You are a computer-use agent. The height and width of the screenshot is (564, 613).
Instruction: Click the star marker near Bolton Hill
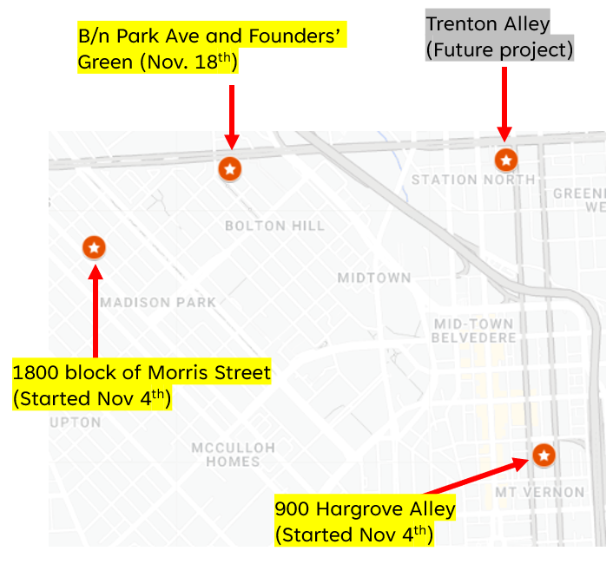pos(229,168)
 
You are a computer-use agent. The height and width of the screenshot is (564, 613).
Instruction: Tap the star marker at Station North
pos(506,160)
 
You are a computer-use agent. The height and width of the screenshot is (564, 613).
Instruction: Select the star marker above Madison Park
pos(95,247)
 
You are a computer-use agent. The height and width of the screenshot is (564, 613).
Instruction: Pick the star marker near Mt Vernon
pos(544,455)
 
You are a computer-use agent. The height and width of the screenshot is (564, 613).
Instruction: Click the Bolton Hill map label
pos(274,226)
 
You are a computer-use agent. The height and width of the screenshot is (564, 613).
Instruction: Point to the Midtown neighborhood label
pos(374,279)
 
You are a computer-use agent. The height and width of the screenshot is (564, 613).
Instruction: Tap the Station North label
pos(473,180)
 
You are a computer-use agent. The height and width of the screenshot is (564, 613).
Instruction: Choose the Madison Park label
pos(158,303)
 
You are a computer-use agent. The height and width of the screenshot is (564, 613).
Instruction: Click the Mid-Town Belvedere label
pos(475,331)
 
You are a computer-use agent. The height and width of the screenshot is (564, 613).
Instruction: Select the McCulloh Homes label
pos(234,454)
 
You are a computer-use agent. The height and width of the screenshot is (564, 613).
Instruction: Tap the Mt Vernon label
pos(539,492)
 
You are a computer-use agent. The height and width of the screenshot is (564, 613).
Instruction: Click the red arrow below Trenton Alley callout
pos(504,102)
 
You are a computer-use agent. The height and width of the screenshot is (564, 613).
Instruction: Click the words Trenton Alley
pos(487,23)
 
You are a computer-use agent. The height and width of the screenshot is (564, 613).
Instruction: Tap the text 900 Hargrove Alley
pos(365,508)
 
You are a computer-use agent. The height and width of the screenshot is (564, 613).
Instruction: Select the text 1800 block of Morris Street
pos(142,373)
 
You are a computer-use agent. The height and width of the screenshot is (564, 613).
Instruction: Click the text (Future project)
pos(499,49)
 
